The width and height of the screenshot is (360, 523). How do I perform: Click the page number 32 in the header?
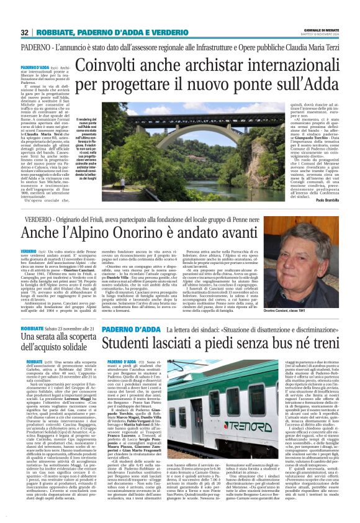[24, 32]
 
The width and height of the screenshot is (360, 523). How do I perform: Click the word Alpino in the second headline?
[106, 232]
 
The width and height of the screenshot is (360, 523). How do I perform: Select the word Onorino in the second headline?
[155, 232]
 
